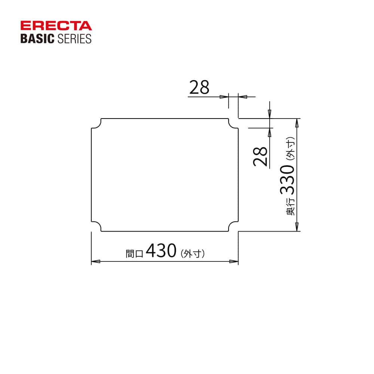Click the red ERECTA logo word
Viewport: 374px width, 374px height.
tap(56, 26)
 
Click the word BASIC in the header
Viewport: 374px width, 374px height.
tap(37, 39)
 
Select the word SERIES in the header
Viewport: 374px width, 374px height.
tap(74, 39)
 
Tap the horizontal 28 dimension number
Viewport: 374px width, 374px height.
tap(199, 87)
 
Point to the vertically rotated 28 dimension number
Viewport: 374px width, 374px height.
tap(260, 156)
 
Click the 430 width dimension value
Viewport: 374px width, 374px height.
tap(161, 251)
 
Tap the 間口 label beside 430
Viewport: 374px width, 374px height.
tap(134, 253)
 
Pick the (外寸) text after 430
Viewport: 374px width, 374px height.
tap(193, 253)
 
